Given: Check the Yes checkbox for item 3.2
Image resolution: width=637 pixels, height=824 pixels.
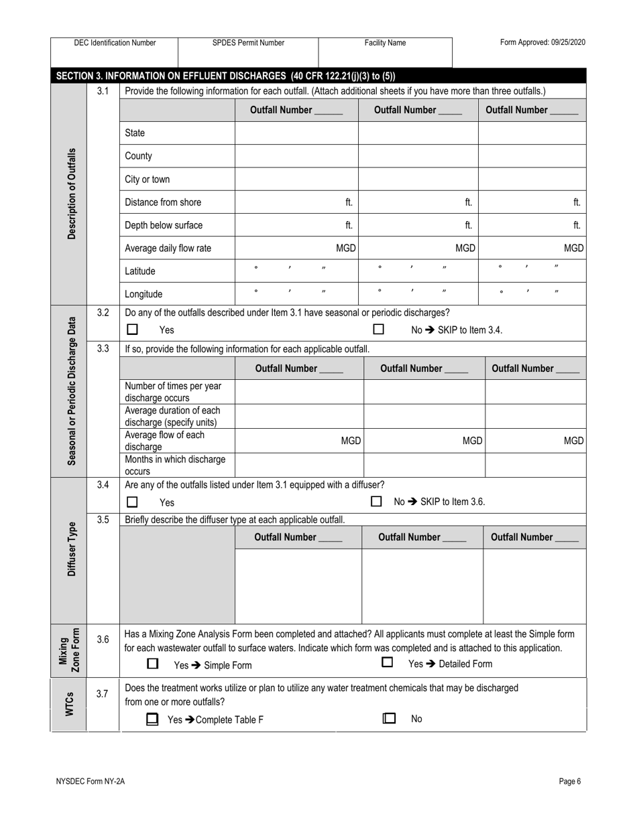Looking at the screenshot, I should (133, 330).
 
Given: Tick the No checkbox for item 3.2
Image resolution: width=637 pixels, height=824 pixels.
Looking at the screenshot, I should (379, 330).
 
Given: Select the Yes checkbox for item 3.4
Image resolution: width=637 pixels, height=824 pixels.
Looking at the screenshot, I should (133, 502).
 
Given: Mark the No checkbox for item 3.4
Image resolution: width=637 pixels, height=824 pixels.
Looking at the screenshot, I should (377, 501).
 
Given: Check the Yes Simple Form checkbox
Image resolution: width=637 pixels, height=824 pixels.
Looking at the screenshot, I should (153, 664).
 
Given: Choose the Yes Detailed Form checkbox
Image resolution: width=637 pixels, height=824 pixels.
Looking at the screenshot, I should (387, 663).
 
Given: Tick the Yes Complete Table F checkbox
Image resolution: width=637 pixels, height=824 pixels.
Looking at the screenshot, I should (153, 719).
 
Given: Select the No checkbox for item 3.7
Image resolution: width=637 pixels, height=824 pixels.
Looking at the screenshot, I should (389, 718).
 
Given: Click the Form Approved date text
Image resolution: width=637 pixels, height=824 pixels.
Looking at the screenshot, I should (542, 43).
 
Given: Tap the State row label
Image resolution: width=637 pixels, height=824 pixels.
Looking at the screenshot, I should (135, 133).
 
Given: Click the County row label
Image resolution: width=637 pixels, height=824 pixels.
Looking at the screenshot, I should (138, 156).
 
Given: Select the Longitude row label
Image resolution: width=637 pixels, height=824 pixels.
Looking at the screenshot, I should (143, 294).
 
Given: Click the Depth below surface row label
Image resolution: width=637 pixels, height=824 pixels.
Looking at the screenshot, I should (164, 225).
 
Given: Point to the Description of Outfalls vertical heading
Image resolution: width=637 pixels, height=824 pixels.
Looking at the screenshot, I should (72, 194).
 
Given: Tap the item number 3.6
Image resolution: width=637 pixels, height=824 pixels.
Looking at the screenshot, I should (102, 640).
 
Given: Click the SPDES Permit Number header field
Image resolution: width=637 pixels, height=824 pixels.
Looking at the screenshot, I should (248, 51).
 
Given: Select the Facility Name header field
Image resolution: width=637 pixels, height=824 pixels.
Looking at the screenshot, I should (385, 51).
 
